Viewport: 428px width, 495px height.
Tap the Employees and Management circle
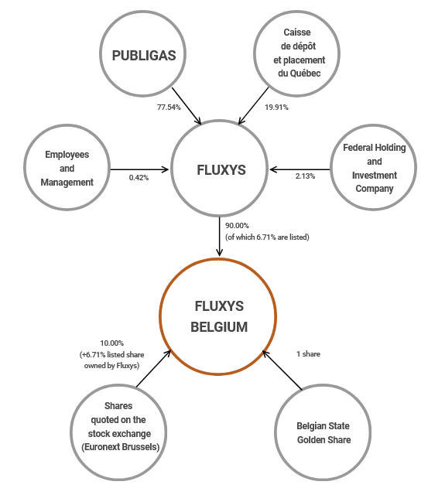[67, 169]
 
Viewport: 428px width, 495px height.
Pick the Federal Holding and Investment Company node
[374, 168]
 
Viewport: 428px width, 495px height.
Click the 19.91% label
[276, 107]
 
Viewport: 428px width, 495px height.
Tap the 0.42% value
[140, 177]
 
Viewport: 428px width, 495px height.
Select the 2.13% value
[305, 176]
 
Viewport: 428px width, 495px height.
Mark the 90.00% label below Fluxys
[238, 226]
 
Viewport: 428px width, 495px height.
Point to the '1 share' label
[308, 353]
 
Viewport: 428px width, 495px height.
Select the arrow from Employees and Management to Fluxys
[140, 169]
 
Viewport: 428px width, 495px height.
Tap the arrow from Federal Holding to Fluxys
[300, 169]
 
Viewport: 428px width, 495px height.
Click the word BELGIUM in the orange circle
[219, 327]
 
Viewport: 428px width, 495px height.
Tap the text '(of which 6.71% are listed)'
[267, 237]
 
